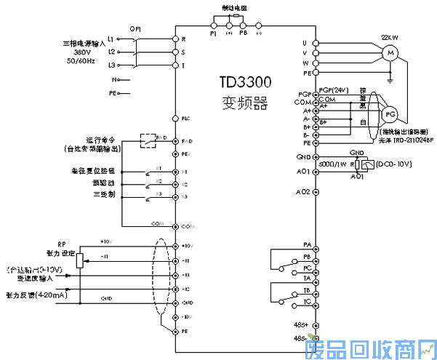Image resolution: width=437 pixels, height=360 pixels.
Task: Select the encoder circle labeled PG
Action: [390, 114]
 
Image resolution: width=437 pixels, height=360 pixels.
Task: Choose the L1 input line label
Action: [111, 38]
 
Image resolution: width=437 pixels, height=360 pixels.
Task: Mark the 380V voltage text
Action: [81, 52]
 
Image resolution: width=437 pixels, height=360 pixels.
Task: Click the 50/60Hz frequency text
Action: [81, 61]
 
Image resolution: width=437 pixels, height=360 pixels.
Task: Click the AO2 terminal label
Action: [303, 191]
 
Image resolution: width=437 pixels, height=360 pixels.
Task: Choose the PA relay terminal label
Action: [307, 245]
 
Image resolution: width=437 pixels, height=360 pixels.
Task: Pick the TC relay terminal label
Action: [307, 300]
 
